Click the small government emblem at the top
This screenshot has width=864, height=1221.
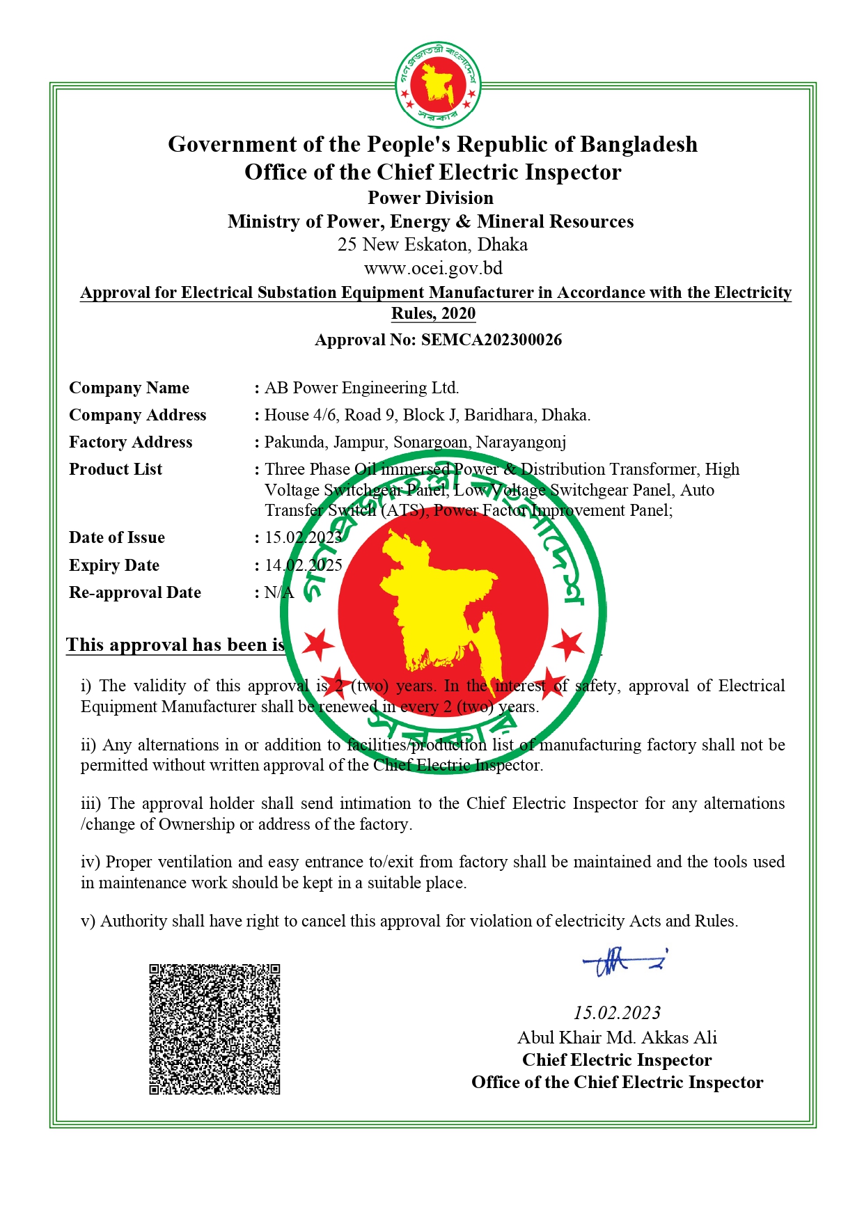tap(438, 85)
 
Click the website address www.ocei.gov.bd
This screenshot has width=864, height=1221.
tap(432, 268)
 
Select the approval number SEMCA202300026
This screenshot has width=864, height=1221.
tap(491, 340)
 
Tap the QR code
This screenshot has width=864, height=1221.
tap(214, 1029)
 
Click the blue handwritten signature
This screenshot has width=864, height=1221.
tap(624, 963)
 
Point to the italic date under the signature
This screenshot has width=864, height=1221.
tap(617, 1013)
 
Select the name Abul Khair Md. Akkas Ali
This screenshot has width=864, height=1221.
tap(617, 1037)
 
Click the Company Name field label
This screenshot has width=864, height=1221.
tap(129, 388)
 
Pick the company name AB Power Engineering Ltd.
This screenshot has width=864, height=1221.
tap(361, 388)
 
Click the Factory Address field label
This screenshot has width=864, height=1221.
tap(130, 442)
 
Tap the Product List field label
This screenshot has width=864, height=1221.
tap(116, 469)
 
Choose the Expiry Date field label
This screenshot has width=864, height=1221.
tap(114, 565)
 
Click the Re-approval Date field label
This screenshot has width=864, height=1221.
tap(135, 592)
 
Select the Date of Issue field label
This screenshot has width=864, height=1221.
tap(117, 537)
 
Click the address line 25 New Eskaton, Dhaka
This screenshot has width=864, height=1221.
tap(432, 244)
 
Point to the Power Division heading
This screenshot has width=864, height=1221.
tap(430, 198)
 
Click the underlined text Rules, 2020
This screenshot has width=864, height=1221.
tap(433, 313)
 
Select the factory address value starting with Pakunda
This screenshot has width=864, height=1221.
tap(415, 442)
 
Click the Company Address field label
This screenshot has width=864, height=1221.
tap(138, 415)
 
